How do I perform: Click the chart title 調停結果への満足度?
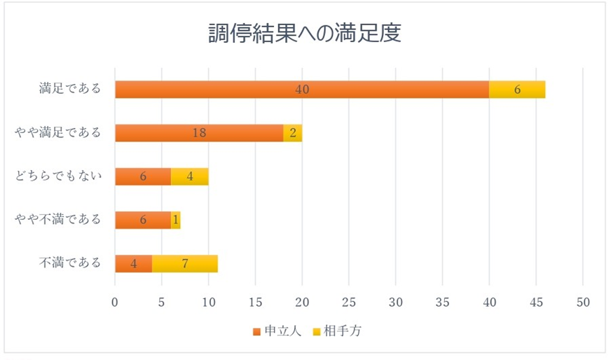coord(305,34)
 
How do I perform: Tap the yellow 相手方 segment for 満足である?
coord(517,90)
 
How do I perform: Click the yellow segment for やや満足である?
coord(293,133)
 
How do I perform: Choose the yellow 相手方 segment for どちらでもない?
coord(190,176)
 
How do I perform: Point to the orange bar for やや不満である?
coord(143,220)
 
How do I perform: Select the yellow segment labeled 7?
coord(185,263)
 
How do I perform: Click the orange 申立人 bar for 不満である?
coord(134,263)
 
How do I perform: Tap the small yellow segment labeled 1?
coord(176,220)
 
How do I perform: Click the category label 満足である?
coord(70,89)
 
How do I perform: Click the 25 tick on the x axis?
coord(349,303)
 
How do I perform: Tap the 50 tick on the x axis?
coord(583,303)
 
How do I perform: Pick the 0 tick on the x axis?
coord(115,303)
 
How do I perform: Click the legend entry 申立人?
coord(282,331)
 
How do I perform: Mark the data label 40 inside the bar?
coord(302,90)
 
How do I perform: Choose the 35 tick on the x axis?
coord(442,303)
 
